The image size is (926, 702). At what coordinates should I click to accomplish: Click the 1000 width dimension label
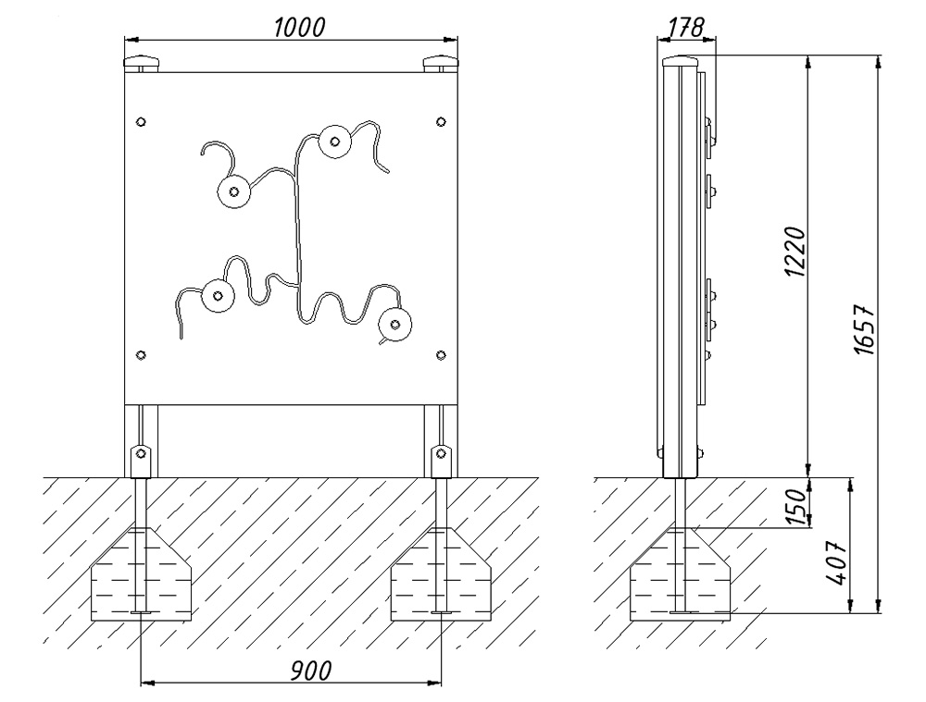pyautogui.click(x=299, y=27)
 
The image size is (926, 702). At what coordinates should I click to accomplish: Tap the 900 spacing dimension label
pyautogui.click(x=311, y=671)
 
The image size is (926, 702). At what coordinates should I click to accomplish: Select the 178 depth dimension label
pyautogui.click(x=687, y=27)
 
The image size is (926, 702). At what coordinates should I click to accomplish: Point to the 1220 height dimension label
pyautogui.click(x=795, y=252)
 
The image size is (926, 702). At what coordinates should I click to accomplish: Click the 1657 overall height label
pyautogui.click(x=864, y=329)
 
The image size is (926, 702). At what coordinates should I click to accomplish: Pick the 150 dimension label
pyautogui.click(x=796, y=506)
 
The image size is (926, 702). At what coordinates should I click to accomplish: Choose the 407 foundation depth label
pyautogui.click(x=837, y=562)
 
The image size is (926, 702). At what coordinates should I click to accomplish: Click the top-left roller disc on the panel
pyautogui.click(x=234, y=191)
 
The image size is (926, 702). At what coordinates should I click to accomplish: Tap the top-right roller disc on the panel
pyautogui.click(x=334, y=142)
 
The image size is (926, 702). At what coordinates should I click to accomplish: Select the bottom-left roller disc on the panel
pyautogui.click(x=218, y=296)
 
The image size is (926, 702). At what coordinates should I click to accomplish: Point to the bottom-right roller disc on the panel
pyautogui.click(x=395, y=325)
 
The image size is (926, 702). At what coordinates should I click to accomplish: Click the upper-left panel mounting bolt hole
pyautogui.click(x=141, y=122)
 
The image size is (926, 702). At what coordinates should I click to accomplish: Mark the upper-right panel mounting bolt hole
pyautogui.click(x=441, y=122)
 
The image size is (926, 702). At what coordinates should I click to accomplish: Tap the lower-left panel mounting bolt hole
pyautogui.click(x=141, y=355)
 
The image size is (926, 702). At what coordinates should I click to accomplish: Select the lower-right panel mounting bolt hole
pyautogui.click(x=441, y=355)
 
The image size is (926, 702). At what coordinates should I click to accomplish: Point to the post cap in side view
pyautogui.click(x=681, y=61)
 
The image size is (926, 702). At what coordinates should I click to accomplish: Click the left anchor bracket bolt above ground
pyautogui.click(x=141, y=453)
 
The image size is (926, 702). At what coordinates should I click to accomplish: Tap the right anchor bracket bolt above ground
pyautogui.click(x=441, y=453)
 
